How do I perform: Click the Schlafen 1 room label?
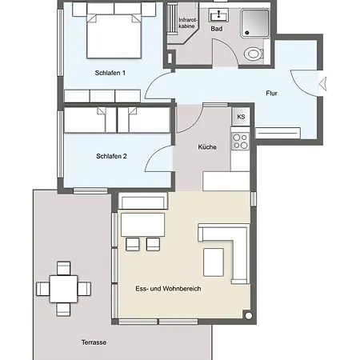(110, 73)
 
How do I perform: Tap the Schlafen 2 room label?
(111, 156)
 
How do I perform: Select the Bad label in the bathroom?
(217, 29)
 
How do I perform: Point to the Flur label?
(271, 94)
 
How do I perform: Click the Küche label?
(207, 147)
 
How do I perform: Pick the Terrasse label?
(94, 342)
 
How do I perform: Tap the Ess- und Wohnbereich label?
(168, 289)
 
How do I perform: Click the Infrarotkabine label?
(187, 23)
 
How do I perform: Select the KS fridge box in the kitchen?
(241, 117)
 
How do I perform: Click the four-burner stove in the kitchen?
(240, 142)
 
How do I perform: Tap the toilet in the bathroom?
(254, 54)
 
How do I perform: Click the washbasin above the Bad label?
(218, 15)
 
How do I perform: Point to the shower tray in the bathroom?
(255, 23)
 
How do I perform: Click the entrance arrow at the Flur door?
(323, 83)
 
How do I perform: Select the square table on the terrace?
(63, 289)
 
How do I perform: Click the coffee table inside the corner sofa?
(214, 262)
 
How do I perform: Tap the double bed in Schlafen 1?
(114, 36)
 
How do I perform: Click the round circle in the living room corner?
(248, 316)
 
